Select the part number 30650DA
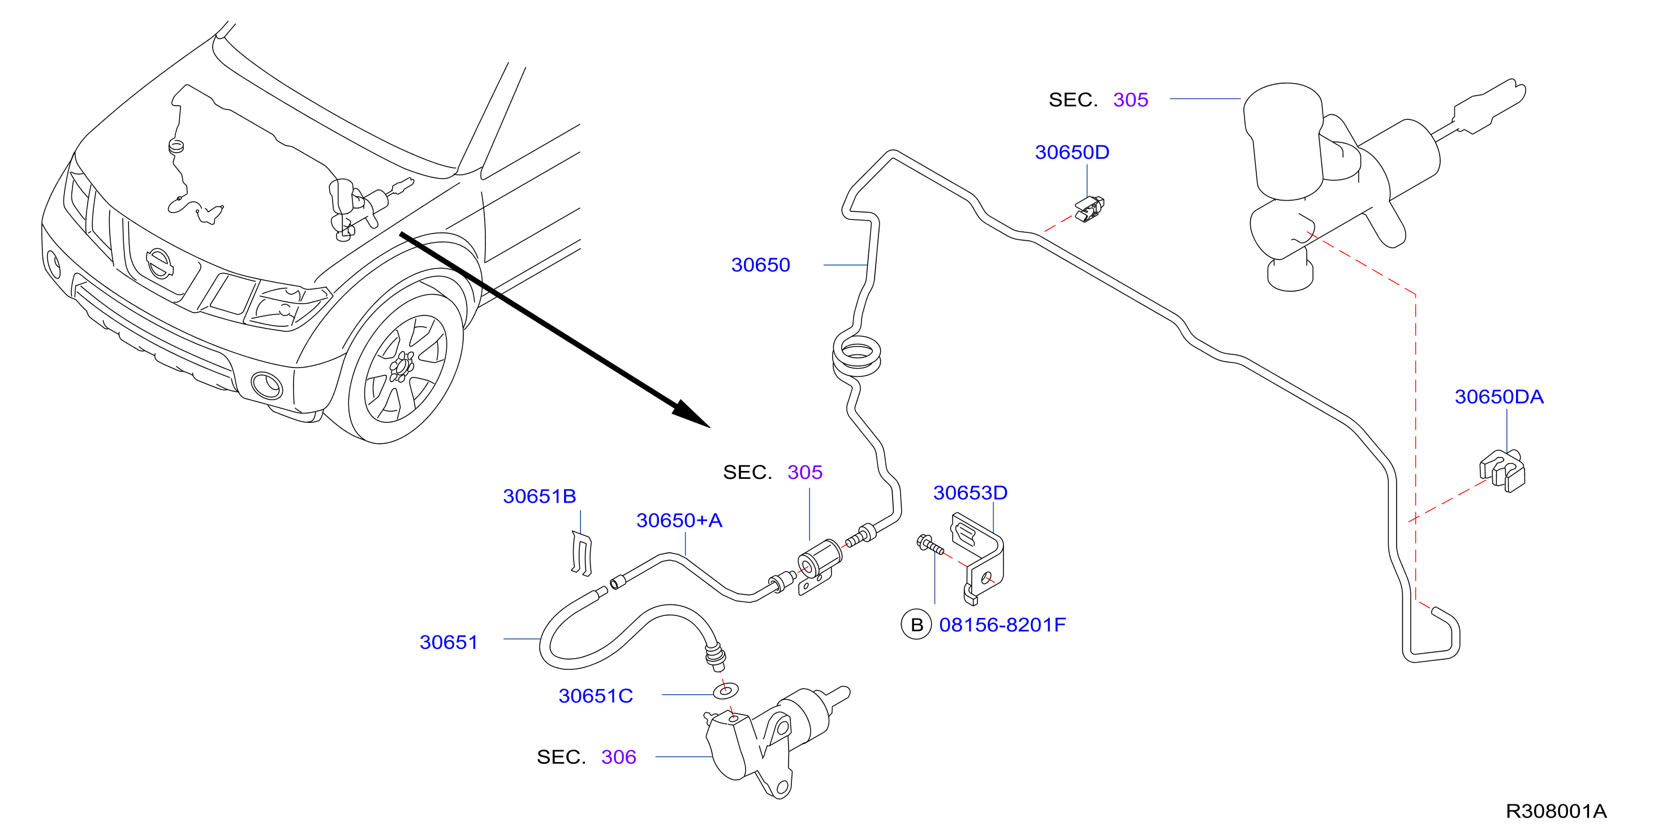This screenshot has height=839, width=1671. (1498, 397)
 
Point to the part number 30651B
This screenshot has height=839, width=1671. (539, 496)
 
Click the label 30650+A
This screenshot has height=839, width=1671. (679, 521)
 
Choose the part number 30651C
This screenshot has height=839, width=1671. (596, 697)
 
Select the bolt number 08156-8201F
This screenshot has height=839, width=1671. (1002, 625)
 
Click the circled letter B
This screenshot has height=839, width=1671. (916, 625)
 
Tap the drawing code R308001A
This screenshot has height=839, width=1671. (1556, 811)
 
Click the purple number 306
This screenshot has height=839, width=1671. (618, 757)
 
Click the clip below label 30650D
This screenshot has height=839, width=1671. (1090, 209)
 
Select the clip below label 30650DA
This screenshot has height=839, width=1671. (1502, 471)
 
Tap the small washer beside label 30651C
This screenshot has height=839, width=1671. (725, 690)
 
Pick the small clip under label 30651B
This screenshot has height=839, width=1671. (581, 553)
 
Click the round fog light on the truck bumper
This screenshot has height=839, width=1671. (266, 386)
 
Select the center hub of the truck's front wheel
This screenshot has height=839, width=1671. (402, 367)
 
